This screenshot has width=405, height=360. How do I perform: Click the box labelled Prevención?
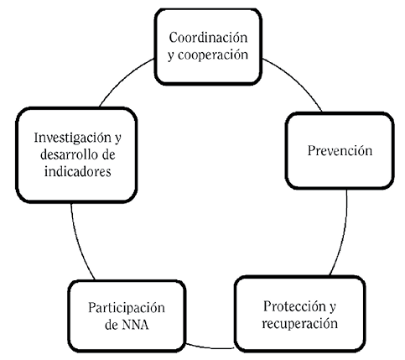339,151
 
